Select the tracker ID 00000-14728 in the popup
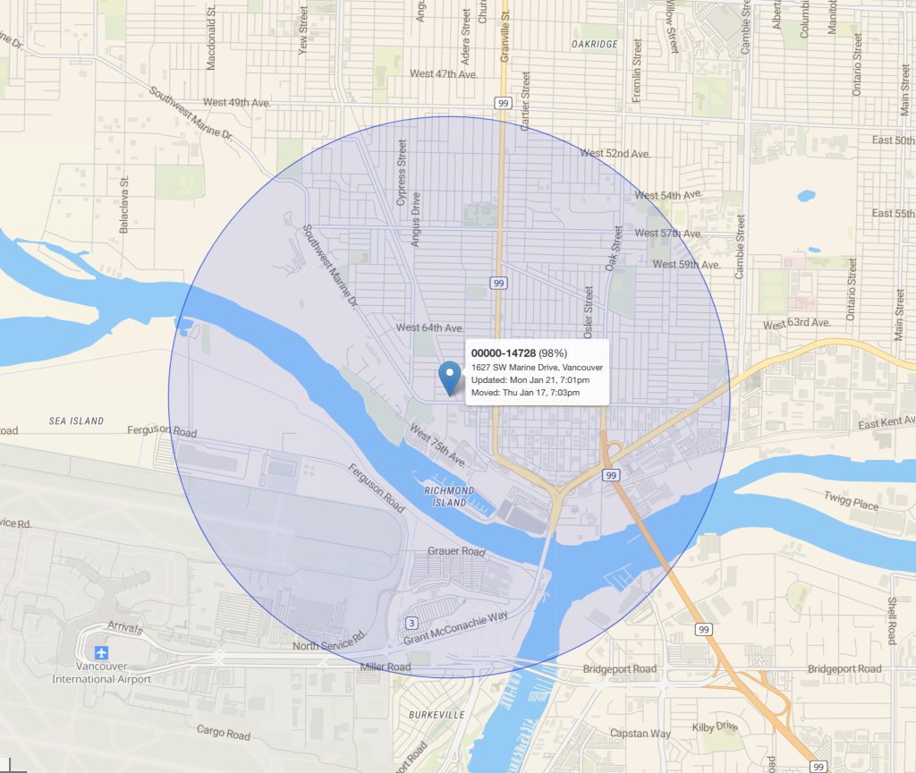click(x=504, y=353)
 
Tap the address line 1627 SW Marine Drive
click(x=537, y=368)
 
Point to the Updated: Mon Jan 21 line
click(x=530, y=380)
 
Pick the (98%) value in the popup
click(x=554, y=353)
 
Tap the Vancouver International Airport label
click(x=101, y=673)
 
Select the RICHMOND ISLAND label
click(x=449, y=497)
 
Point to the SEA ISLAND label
click(x=76, y=420)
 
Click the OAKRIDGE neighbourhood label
click(x=595, y=43)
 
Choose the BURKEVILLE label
click(x=436, y=715)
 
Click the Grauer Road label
click(x=456, y=551)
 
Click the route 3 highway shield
click(x=411, y=623)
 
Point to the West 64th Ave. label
click(x=429, y=327)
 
